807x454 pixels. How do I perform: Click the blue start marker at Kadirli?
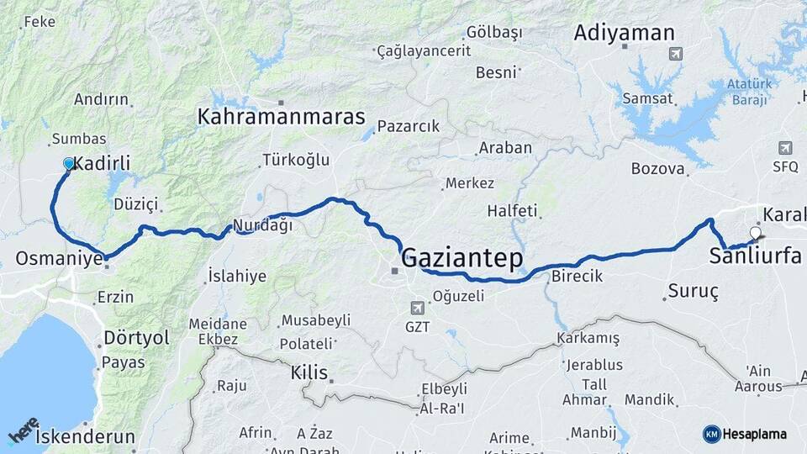pos(69,163)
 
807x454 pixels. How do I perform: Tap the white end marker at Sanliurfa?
pos(755,233)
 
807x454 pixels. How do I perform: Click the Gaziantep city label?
pos(462,258)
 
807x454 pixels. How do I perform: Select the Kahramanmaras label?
pos(281,117)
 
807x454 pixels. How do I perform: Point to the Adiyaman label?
pos(624,34)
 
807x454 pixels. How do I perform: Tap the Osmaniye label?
pos(58,258)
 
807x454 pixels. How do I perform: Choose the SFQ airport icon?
pos(785,147)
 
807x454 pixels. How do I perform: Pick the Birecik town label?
pos(577,277)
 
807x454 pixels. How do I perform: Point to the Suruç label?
pos(693,291)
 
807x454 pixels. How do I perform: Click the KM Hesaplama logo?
pos(745,434)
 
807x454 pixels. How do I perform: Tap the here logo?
pos(23,431)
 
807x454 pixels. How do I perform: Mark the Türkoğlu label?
pos(296,159)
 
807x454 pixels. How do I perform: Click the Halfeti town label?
pos(512,211)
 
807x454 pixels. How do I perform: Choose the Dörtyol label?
pos(136,338)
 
